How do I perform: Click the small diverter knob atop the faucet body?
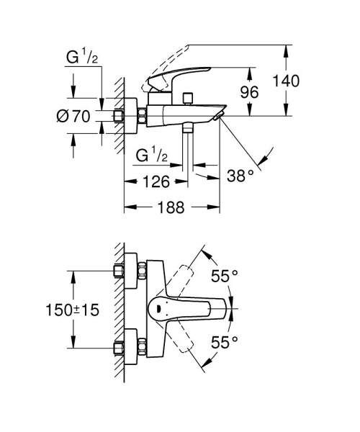[x=188, y=96]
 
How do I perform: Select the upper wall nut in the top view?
[x=120, y=271]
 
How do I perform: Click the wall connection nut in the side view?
[x=120, y=116]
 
